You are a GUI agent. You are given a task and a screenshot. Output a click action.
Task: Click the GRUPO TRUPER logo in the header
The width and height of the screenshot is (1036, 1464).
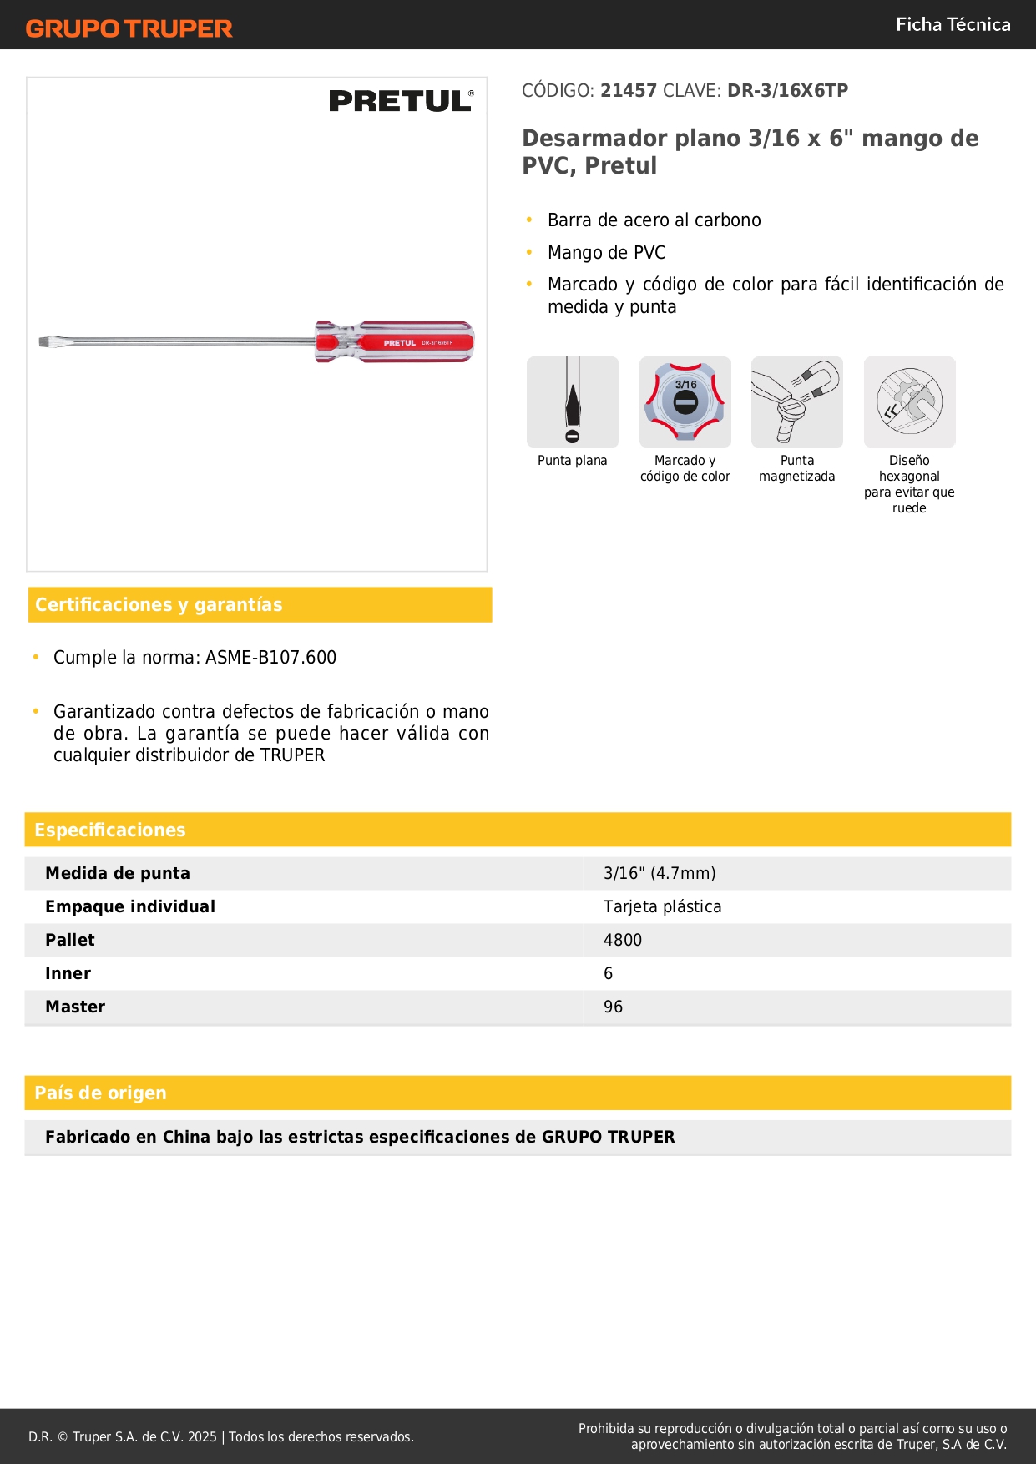(x=129, y=28)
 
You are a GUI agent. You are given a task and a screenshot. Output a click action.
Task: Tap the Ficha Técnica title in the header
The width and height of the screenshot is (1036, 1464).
(x=953, y=24)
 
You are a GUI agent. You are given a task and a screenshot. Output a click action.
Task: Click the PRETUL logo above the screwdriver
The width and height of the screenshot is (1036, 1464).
(x=401, y=101)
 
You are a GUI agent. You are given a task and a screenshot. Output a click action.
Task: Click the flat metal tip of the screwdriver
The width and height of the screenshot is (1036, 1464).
(x=46, y=341)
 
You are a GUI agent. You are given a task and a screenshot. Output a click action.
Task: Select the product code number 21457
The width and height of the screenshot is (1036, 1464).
(x=629, y=91)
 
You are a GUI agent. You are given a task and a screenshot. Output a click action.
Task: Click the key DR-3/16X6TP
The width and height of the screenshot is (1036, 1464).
(x=787, y=91)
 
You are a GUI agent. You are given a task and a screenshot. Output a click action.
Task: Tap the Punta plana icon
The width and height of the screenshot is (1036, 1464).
(x=573, y=402)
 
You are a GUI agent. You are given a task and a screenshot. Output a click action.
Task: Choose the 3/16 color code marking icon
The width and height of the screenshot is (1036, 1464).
(x=685, y=402)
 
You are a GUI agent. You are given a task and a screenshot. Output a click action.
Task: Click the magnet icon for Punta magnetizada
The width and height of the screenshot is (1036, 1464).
(x=796, y=402)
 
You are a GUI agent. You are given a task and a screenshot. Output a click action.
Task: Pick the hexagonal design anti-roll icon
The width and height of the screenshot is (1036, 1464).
(x=909, y=402)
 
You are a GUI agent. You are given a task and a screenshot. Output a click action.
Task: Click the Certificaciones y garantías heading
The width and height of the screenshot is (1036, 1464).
(x=159, y=605)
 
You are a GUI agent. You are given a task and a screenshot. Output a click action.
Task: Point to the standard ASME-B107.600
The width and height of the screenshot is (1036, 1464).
(x=270, y=658)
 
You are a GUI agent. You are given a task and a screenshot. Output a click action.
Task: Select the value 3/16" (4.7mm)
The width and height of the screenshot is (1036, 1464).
(x=660, y=874)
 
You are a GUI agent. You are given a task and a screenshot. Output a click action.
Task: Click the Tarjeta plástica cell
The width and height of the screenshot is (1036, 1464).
(x=662, y=907)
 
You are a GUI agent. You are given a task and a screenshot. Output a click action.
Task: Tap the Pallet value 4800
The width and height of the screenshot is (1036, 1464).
(x=623, y=941)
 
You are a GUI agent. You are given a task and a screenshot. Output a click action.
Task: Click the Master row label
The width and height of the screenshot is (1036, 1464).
(x=75, y=1007)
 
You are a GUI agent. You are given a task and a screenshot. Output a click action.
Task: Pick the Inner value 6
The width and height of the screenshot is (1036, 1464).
(x=609, y=974)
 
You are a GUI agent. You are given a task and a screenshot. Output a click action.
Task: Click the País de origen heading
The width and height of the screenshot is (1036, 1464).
(x=100, y=1093)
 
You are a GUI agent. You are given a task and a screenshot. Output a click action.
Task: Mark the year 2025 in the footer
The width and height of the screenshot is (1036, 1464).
(x=202, y=1437)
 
